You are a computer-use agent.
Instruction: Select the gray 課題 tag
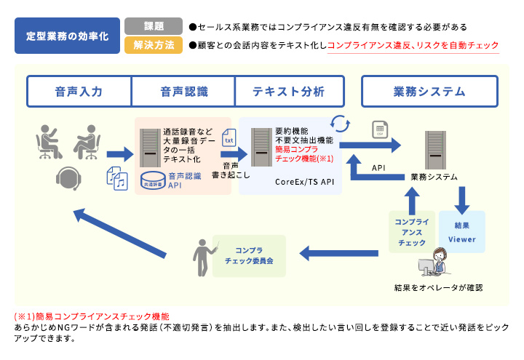coord(154,26)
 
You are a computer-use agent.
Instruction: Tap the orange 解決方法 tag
coord(154,45)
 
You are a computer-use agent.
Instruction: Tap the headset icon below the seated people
coord(68,177)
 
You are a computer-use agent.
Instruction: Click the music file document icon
coord(117,177)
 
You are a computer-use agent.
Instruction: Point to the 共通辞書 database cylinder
coord(154,179)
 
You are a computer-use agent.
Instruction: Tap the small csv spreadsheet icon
coord(378,129)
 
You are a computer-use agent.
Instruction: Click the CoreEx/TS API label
coord(304,180)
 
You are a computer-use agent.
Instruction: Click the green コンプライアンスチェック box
coord(411,232)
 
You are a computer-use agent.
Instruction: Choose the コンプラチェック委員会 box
coord(248,255)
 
